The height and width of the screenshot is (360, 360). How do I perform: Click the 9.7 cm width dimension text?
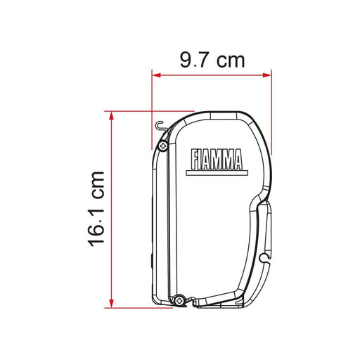click(x=212, y=60)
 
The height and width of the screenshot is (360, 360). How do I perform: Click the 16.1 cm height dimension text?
click(x=96, y=209)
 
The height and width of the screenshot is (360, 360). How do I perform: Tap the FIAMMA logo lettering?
click(x=217, y=159)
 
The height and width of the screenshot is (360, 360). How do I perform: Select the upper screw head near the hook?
click(x=163, y=146)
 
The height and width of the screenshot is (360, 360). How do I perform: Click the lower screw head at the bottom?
click(x=179, y=300)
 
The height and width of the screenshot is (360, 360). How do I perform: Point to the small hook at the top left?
click(x=160, y=126)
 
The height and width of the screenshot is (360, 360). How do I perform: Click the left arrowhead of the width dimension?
click(x=156, y=75)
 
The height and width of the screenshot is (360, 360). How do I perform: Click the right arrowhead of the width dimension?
click(x=267, y=75)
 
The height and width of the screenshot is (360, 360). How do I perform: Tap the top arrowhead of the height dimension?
click(x=112, y=115)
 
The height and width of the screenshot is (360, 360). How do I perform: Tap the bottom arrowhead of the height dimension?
click(x=112, y=304)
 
